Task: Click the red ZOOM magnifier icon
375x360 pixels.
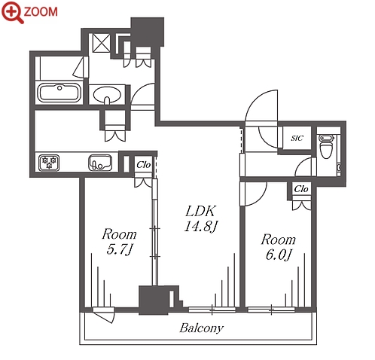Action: click(x=12, y=12)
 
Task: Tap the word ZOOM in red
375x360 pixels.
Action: click(x=41, y=11)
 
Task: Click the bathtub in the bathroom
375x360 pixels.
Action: click(x=59, y=93)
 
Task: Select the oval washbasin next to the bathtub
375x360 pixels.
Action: click(x=107, y=95)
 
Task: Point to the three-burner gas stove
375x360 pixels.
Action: click(x=49, y=163)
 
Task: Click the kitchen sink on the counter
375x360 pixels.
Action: click(x=100, y=162)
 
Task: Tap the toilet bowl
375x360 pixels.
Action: click(x=326, y=146)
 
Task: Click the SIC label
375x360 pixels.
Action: click(x=297, y=138)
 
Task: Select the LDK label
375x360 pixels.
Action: click(x=200, y=211)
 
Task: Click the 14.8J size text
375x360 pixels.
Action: click(x=200, y=227)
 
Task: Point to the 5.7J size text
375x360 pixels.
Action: click(x=119, y=249)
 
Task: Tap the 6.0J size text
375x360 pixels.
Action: click(x=279, y=255)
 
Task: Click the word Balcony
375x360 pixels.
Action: click(x=201, y=328)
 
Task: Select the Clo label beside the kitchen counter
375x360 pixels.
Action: click(x=144, y=165)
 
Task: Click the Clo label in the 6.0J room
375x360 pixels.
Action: click(x=301, y=188)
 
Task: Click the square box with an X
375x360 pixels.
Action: click(x=102, y=43)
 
